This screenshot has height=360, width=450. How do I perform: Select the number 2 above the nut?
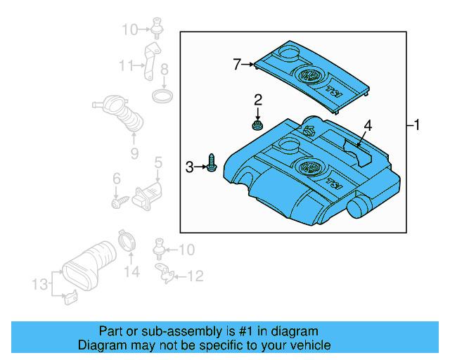(258, 99)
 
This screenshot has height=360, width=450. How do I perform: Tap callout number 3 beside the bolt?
(189, 167)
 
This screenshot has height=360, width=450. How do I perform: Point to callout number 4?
(367, 126)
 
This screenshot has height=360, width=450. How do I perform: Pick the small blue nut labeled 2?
(258, 126)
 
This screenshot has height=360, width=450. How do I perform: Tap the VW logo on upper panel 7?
(308, 76)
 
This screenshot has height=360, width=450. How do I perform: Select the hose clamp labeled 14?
(127, 241)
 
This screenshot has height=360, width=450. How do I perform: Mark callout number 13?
(40, 284)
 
